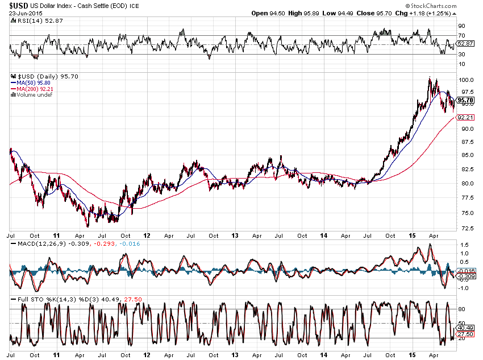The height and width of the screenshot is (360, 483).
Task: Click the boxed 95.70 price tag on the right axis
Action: coord(466,100)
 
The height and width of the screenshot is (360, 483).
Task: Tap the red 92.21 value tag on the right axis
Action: coord(465,118)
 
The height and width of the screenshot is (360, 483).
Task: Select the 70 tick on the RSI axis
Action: coord(461,35)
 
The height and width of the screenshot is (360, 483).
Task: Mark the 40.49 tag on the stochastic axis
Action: coord(465,328)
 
